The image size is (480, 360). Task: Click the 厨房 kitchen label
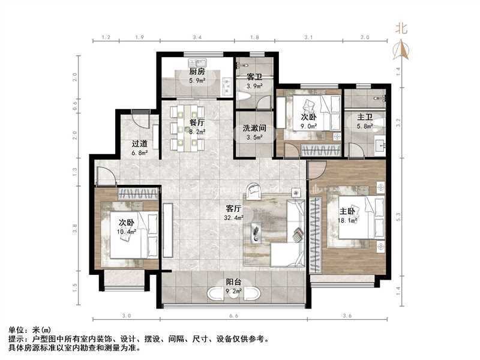[197, 71]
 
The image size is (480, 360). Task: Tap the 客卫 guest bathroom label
[254, 77]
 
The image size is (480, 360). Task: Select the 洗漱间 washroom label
[254, 128]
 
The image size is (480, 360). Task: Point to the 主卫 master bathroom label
[365, 117]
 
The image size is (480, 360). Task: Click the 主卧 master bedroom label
[347, 211]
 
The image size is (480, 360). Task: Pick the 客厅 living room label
[233, 209]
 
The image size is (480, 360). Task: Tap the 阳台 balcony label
[233, 282]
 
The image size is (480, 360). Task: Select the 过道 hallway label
[140, 143]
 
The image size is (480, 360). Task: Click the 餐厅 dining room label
[197, 123]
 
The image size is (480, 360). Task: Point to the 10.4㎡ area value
[127, 232]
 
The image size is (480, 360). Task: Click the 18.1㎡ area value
[347, 220]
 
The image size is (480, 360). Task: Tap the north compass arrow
[401, 49]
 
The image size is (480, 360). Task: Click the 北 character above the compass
[401, 28]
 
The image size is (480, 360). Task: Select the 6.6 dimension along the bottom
[233, 316]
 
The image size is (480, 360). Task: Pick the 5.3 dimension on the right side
[398, 217]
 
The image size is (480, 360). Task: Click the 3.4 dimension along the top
[197, 37]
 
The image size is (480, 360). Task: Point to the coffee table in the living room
[256, 233]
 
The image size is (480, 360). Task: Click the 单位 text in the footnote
[16, 330]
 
